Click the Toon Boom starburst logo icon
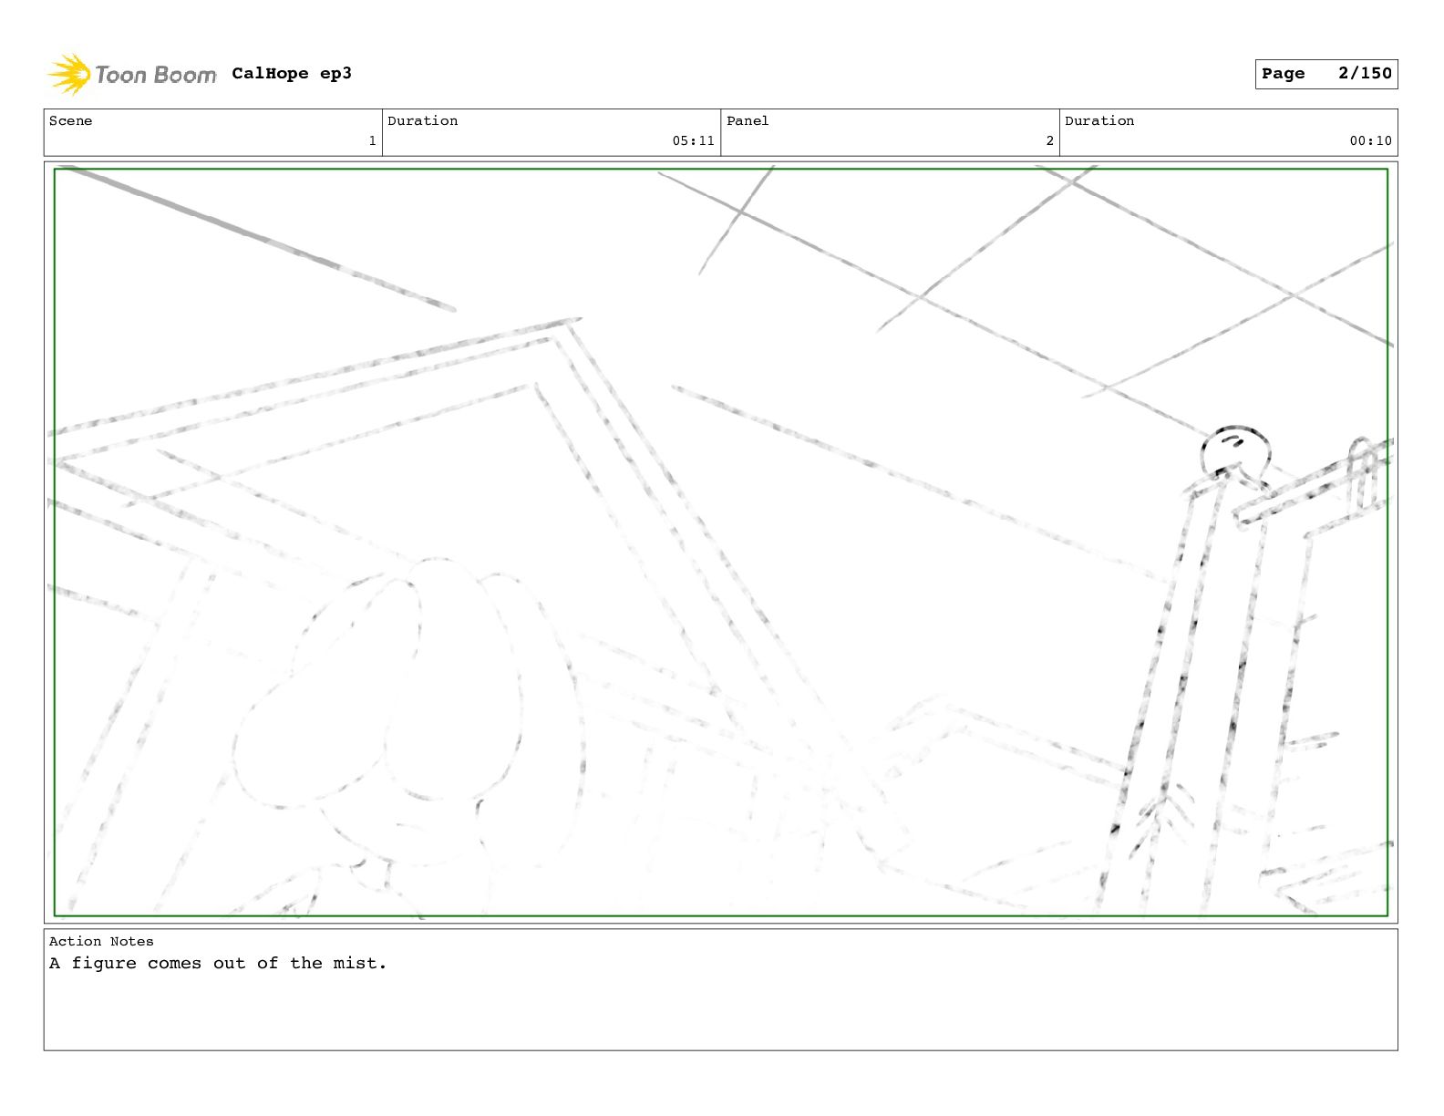coord(69,75)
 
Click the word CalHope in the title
coord(270,73)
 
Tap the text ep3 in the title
coord(335,75)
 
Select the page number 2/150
coord(1365,73)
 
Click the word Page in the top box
coord(1283,74)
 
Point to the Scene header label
coord(70,120)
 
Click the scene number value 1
coord(372,141)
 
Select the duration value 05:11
coord(693,141)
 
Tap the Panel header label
coord(747,120)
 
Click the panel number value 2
coord(1049,141)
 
